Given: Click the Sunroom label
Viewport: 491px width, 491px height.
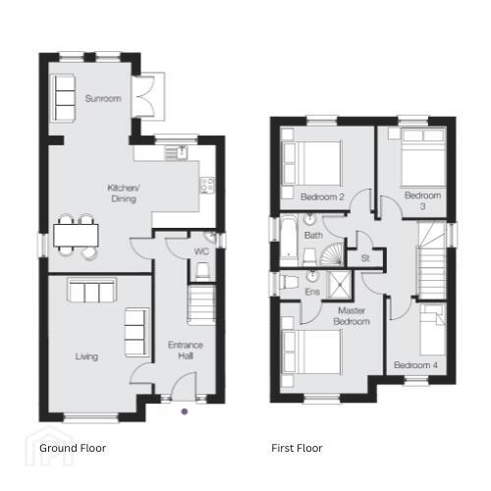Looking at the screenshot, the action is pyautogui.click(x=103, y=98).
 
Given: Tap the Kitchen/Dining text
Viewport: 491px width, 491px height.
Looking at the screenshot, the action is pyautogui.click(x=124, y=193).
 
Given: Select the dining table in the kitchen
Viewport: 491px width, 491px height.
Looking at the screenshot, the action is pyautogui.click(x=76, y=236).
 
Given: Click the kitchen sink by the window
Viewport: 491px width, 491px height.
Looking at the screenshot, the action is pyautogui.click(x=176, y=153).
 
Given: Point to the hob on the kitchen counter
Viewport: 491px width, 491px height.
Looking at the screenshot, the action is pyautogui.click(x=207, y=186).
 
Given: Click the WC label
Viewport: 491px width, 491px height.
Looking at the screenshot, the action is pyautogui.click(x=201, y=251).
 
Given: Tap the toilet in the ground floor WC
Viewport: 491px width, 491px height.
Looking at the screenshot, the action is pyautogui.click(x=202, y=271).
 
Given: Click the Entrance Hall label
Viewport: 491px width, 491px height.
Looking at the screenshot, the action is pyautogui.click(x=186, y=351).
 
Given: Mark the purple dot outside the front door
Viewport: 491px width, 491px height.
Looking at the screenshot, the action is pyautogui.click(x=185, y=411).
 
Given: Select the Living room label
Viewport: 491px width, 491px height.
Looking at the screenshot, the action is pyautogui.click(x=86, y=356).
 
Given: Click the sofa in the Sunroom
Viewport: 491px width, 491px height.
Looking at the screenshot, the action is pyautogui.click(x=62, y=98).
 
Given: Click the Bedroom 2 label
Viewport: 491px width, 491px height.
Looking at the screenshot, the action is pyautogui.click(x=322, y=197).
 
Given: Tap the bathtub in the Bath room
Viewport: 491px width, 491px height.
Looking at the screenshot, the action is pyautogui.click(x=289, y=241).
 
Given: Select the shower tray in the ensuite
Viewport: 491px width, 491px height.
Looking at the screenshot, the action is pyautogui.click(x=340, y=285).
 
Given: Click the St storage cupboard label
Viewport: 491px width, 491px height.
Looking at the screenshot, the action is pyautogui.click(x=365, y=258).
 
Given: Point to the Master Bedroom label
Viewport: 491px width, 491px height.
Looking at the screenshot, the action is pyautogui.click(x=352, y=316).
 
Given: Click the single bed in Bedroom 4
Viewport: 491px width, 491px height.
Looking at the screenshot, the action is pyautogui.click(x=433, y=330).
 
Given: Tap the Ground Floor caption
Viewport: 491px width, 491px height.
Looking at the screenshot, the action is pyautogui.click(x=73, y=448).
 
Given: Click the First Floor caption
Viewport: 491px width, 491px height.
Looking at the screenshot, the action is pyautogui.click(x=297, y=448).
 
